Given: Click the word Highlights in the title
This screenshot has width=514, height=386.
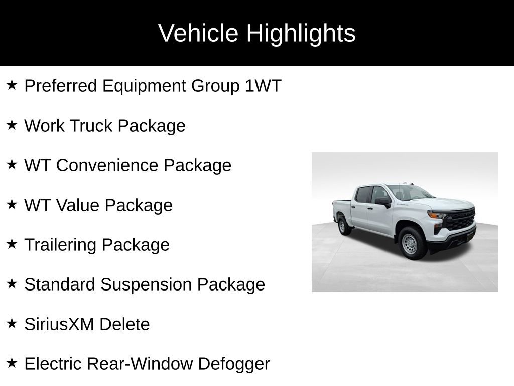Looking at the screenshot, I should pyautogui.click(x=301, y=34).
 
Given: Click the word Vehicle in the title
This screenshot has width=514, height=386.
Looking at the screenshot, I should pyautogui.click(x=198, y=33).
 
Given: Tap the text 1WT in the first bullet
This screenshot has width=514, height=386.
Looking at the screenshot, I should pyautogui.click(x=263, y=86).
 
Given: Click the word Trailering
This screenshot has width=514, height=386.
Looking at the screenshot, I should pyautogui.click(x=61, y=245).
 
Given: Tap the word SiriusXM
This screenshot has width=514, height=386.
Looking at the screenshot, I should pyautogui.click(x=59, y=324).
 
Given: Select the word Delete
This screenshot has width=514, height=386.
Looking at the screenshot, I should pyautogui.click(x=124, y=324).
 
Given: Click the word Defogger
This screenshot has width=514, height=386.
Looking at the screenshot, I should pyautogui.click(x=234, y=364).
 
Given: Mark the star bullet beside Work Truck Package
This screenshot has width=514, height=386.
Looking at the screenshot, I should pyautogui.click(x=12, y=125).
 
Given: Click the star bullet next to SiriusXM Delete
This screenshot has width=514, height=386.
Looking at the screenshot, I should pyautogui.click(x=12, y=323).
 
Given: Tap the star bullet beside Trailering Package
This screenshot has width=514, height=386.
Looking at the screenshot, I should pyautogui.click(x=12, y=244).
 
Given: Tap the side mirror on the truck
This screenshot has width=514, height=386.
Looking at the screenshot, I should pyautogui.click(x=383, y=202).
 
